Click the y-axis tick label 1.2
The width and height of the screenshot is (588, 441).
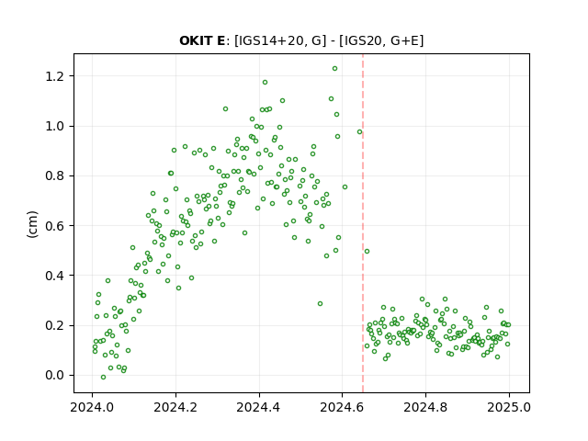coord(55,76)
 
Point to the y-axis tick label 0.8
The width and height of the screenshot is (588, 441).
coord(55,175)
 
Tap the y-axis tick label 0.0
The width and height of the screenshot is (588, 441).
coord(55,376)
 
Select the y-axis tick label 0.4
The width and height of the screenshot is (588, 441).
coord(55,276)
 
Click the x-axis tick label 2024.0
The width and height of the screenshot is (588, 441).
coord(92,407)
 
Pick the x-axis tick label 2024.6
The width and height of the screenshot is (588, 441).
coord(342,407)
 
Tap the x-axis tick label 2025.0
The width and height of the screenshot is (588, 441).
coord(509,407)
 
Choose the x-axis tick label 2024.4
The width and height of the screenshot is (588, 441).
coord(258,407)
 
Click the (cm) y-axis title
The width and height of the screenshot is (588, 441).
coord(33,224)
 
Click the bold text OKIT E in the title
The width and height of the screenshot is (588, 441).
coord(202,40)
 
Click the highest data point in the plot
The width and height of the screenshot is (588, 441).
coord(334,69)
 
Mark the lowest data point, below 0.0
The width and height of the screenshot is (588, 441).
coord(103,378)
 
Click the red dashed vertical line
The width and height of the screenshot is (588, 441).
coord(363,223)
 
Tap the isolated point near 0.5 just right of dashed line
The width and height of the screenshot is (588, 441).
coord(367,251)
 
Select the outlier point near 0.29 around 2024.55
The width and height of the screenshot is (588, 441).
coord(320,304)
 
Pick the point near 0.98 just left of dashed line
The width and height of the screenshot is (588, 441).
coord(359,132)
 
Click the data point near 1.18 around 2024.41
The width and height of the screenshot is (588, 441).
coord(265,83)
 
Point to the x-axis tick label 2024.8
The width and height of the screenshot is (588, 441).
coord(425,407)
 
